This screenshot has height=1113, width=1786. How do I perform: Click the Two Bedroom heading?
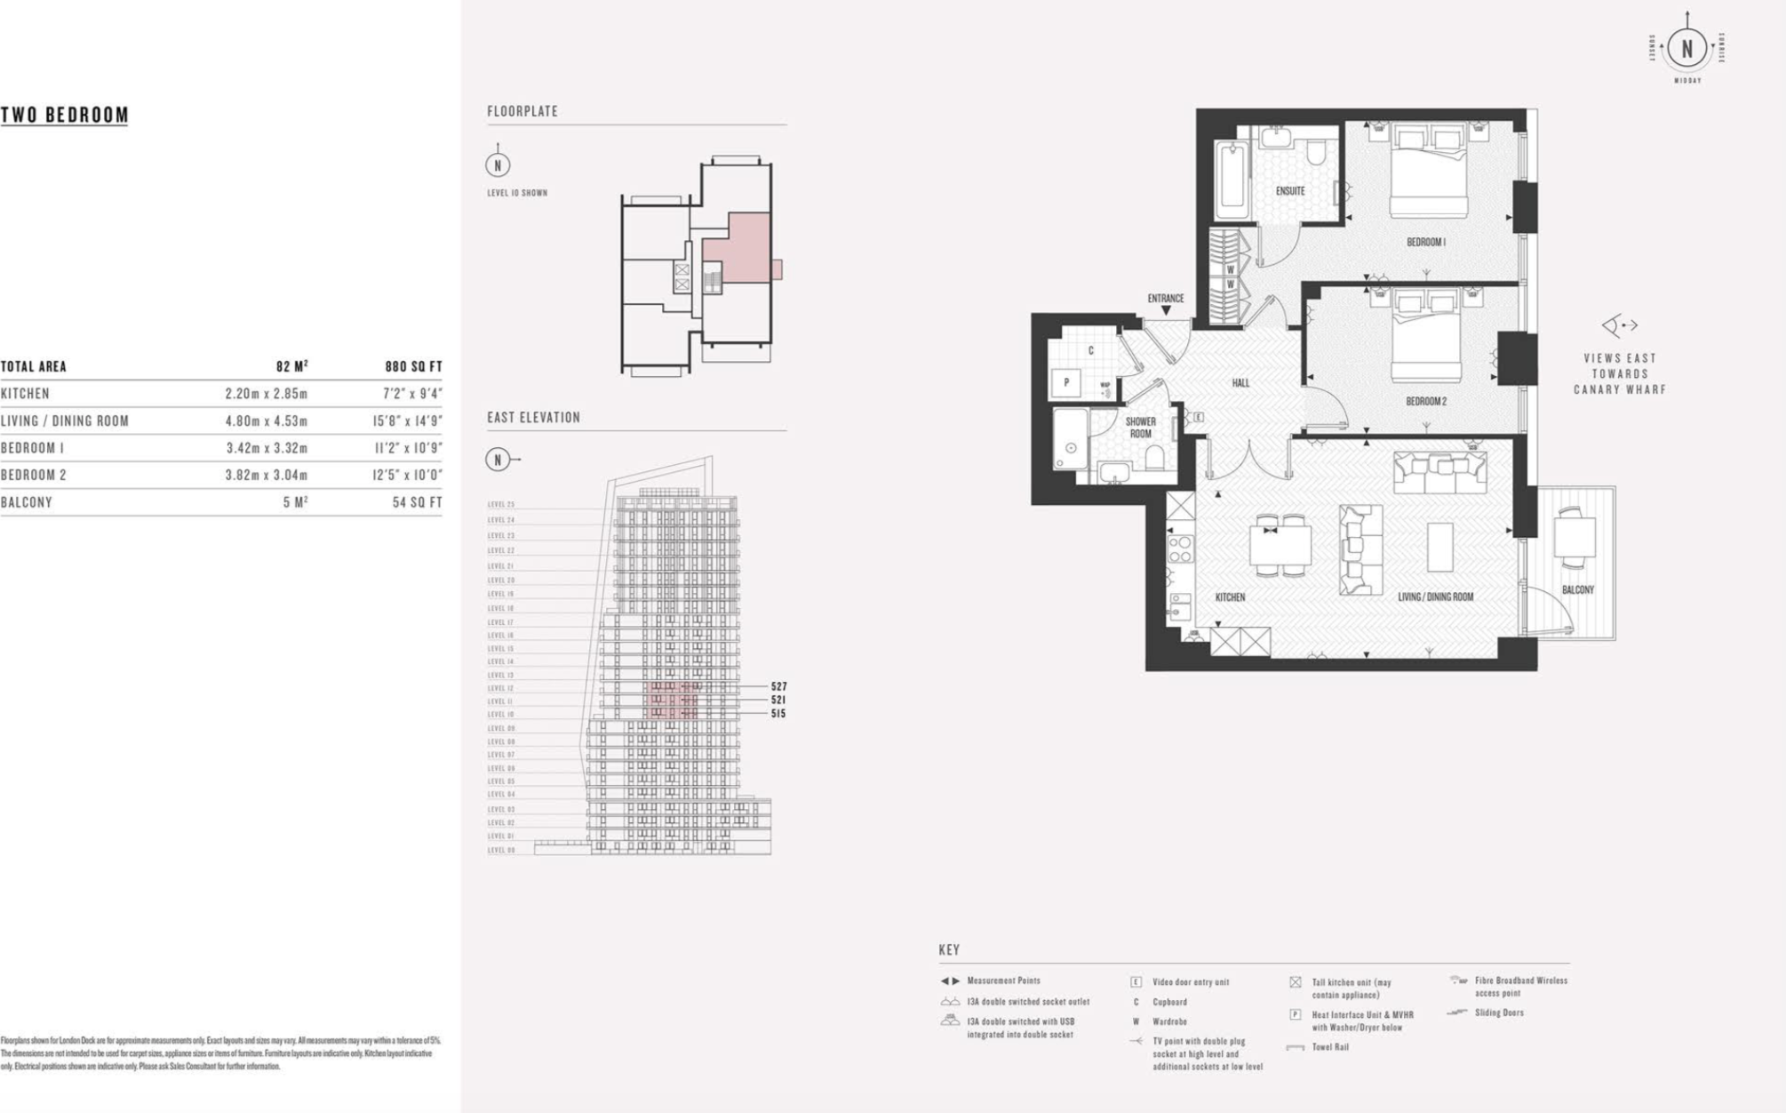[65, 115]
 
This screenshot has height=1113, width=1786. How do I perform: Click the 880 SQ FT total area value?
[413, 366]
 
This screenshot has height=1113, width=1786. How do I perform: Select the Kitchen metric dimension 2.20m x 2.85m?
[266, 393]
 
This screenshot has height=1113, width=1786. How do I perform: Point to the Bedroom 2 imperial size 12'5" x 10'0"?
[407, 475]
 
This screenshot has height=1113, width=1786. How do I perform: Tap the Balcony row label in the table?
[27, 502]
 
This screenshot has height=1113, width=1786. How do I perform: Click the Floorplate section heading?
[522, 111]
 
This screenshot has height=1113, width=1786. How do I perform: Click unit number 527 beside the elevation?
[778, 686]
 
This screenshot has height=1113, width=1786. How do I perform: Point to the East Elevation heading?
[533, 417]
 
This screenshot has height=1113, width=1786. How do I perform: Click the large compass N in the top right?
[1686, 48]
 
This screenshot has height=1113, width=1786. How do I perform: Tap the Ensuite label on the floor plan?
[1290, 191]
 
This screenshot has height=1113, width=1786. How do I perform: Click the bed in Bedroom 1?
[1428, 173]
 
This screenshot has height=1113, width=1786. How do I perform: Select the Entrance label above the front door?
[1165, 299]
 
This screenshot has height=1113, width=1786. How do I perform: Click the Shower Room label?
[1140, 428]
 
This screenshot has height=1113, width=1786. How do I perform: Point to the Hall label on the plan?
[1240, 383]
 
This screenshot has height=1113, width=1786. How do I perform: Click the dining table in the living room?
[1280, 545]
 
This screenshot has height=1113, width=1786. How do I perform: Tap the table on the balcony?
[1574, 538]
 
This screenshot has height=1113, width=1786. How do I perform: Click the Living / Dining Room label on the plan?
[1435, 597]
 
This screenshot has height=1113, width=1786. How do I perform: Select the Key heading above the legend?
[949, 949]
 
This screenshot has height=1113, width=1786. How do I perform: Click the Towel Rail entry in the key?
[1330, 1046]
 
